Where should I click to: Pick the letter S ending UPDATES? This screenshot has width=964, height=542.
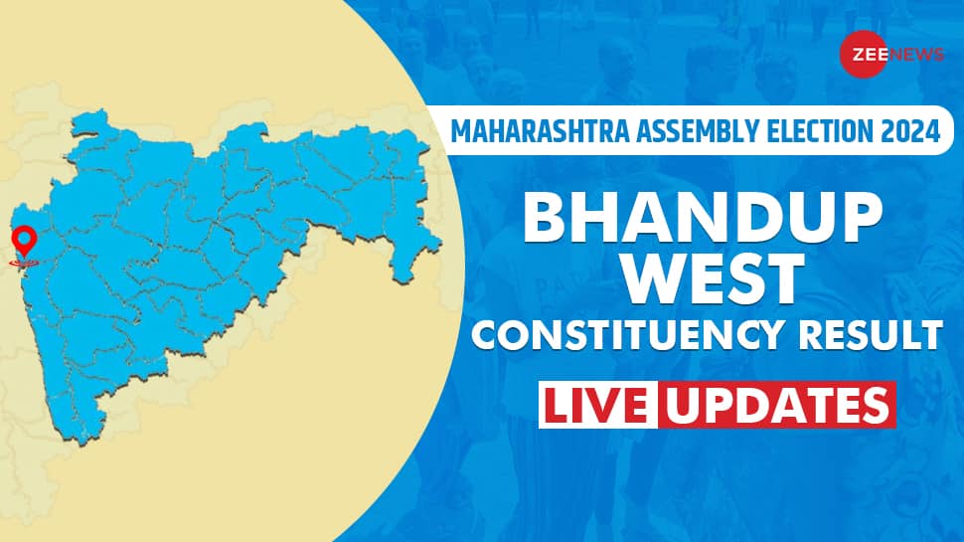(873, 405)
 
